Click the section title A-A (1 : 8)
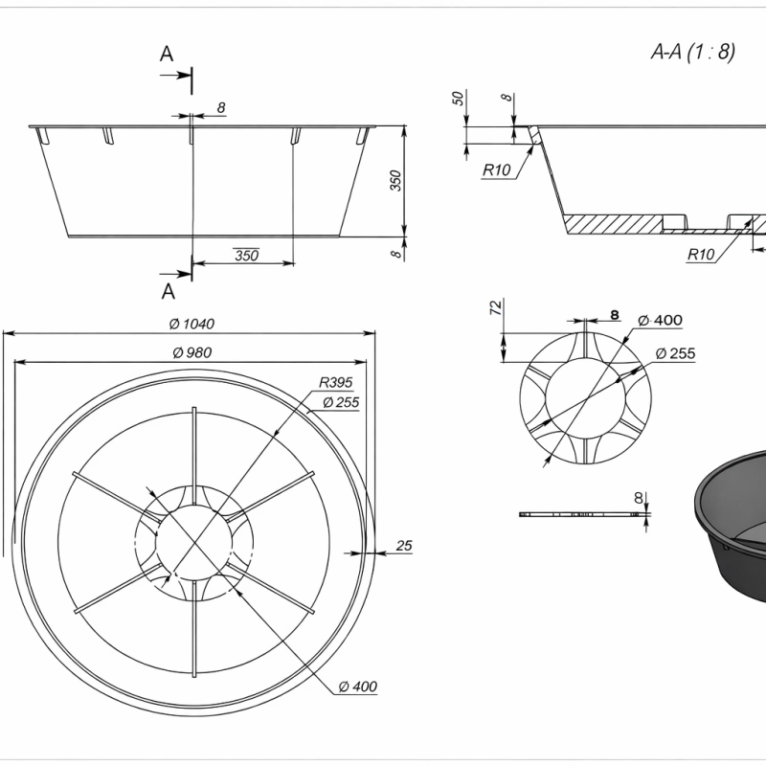[692, 52]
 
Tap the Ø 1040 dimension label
[191, 324]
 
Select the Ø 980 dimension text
[192, 352]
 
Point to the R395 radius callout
[336, 382]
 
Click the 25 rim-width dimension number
[404, 546]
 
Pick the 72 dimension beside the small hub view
[495, 307]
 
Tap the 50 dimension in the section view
[458, 99]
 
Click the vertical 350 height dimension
[395, 181]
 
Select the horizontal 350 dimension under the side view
[247, 255]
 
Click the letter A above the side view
[167, 54]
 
